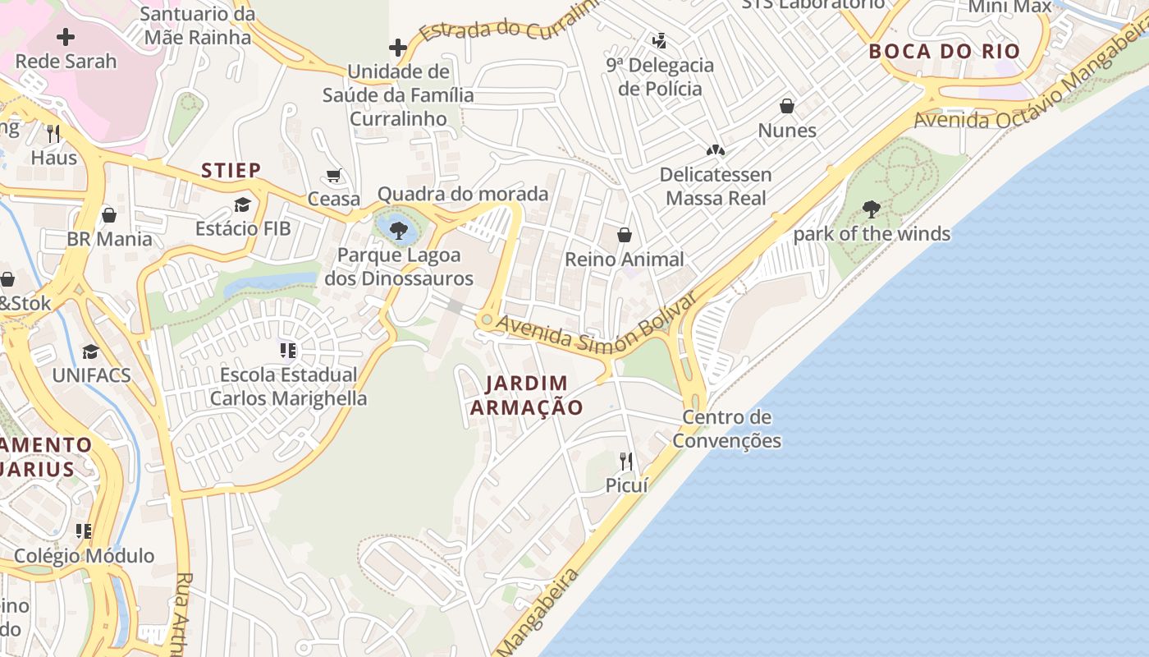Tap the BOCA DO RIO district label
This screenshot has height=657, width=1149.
tap(944, 51)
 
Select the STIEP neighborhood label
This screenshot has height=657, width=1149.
tap(231, 170)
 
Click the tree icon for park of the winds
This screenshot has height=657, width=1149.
tap(872, 209)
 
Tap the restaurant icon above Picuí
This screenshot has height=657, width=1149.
tap(626, 460)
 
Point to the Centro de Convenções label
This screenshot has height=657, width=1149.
tap(726, 429)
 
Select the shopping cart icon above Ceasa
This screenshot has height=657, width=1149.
tap(334, 175)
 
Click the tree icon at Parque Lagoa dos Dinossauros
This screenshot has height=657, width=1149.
tap(399, 230)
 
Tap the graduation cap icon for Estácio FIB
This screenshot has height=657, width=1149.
tap(242, 204)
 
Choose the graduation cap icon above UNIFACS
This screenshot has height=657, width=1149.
tap(90, 351)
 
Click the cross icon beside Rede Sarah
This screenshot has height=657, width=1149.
tap(66, 36)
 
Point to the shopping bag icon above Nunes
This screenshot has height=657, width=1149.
tap(787, 106)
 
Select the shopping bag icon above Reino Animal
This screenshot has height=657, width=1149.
tap(625, 235)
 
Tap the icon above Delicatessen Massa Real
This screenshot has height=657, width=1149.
tap(716, 150)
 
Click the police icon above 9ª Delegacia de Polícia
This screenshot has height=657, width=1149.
tap(659, 39)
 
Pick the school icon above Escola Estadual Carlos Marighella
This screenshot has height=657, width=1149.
tap(288, 351)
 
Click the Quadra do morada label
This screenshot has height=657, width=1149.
tap(462, 194)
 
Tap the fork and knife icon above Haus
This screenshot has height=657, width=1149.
tap(54, 133)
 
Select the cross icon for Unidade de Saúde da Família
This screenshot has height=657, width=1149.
tap(398, 48)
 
